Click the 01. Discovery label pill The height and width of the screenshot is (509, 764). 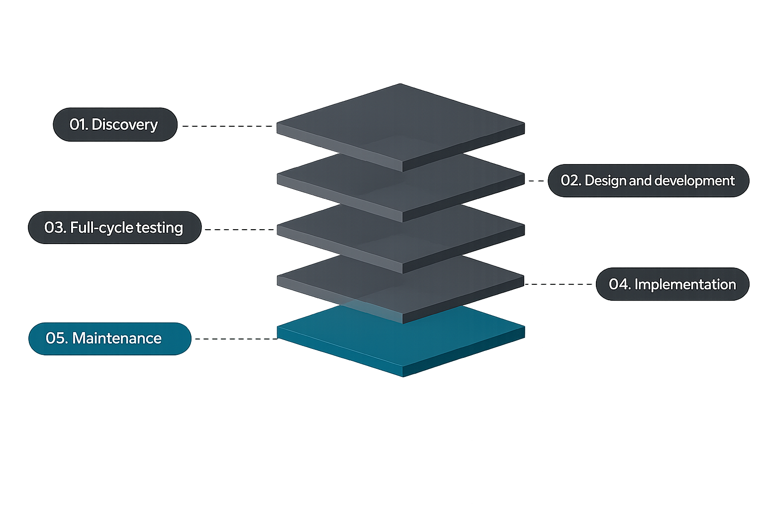115,124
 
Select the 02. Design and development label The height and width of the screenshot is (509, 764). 648,180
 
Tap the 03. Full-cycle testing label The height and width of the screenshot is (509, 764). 114,228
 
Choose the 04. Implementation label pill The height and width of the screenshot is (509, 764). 672,284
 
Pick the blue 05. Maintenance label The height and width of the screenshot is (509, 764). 109,339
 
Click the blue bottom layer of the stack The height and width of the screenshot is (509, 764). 401,343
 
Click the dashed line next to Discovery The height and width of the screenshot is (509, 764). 227,126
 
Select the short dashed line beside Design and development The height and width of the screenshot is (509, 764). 536,181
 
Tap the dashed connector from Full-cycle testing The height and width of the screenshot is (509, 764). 239,230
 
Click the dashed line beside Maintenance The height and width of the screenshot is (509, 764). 236,339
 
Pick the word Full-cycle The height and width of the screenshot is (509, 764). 101,228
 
